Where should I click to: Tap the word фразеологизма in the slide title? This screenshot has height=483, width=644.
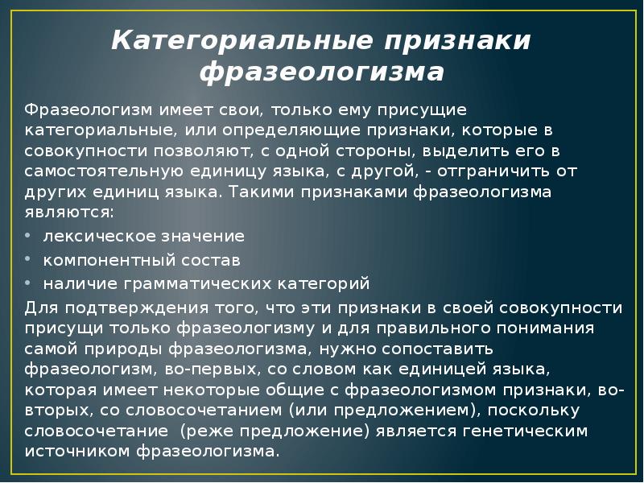[x=321, y=73]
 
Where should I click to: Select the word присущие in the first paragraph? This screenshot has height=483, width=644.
[x=427, y=109]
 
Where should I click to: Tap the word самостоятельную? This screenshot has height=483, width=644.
[x=108, y=171]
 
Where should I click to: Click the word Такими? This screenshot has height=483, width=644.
[x=262, y=193]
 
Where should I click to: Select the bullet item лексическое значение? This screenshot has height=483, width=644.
[x=143, y=237]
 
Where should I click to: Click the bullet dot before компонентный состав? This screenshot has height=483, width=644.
[x=28, y=260]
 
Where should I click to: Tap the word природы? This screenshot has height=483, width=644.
[x=135, y=349]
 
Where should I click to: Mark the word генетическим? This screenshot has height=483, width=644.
[x=526, y=430]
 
